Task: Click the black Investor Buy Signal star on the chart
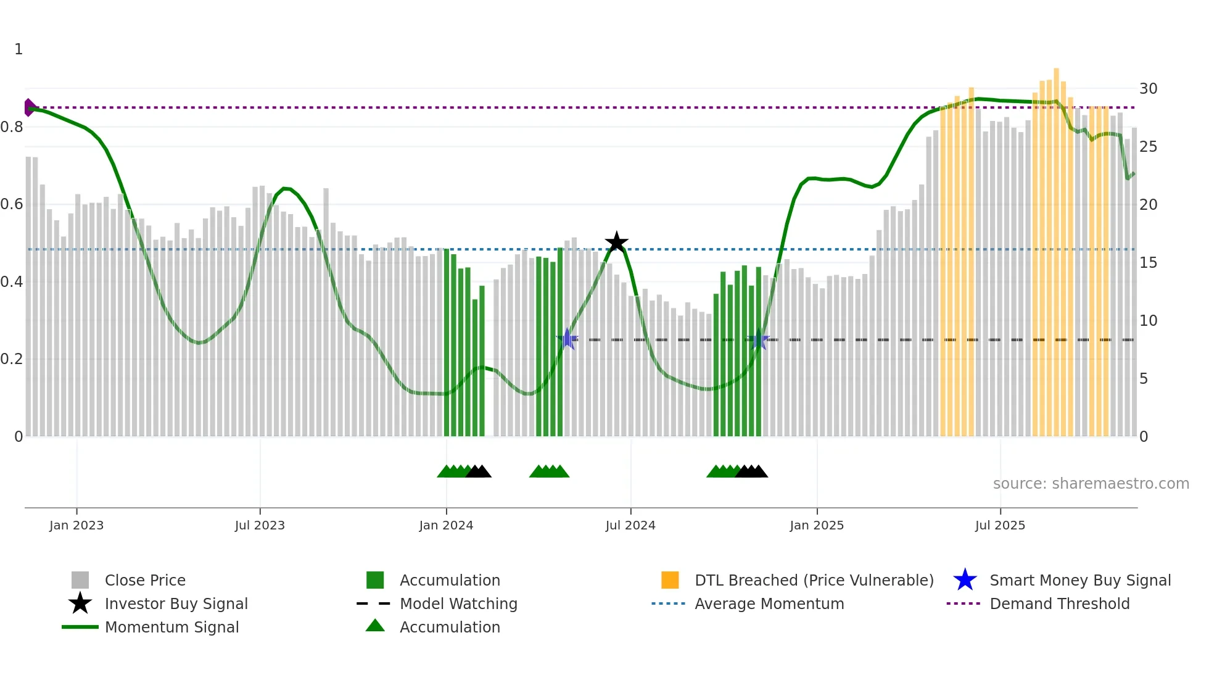pos(616,243)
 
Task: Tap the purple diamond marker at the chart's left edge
pos(29,107)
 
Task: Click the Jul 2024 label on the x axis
pos(630,525)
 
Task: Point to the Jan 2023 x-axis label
pos(76,525)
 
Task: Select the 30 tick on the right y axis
pos(1148,89)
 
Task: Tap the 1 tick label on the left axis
pos(19,49)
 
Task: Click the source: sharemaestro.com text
pos(1091,484)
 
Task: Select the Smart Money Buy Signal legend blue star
pos(965,580)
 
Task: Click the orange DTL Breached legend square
pos(670,580)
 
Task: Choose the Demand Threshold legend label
pos(1059,603)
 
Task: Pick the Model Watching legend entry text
pos(458,603)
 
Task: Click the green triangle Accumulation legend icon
pos(375,626)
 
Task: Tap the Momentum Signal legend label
pos(171,627)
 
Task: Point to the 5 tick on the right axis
pos(1144,379)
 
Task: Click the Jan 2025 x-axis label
pos(817,525)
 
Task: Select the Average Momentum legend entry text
pos(769,603)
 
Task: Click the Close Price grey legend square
pos(80,580)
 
